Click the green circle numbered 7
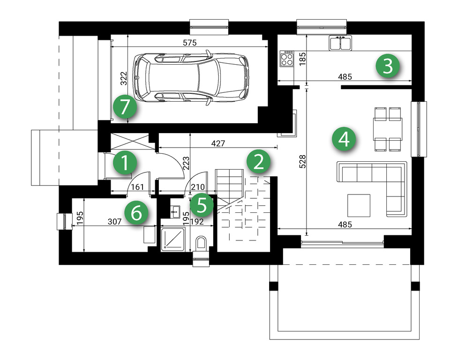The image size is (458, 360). [x=125, y=107]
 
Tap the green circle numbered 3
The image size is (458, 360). [x=388, y=66]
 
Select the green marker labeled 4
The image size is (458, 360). [x=344, y=139]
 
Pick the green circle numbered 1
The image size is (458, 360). [x=125, y=162]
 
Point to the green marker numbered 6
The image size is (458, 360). [x=136, y=213]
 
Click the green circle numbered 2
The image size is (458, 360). [x=258, y=162]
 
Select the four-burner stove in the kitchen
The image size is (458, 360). [x=287, y=59]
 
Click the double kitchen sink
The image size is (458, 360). [x=340, y=43]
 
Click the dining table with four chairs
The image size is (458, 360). [x=388, y=129]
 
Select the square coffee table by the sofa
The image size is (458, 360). [x=359, y=206]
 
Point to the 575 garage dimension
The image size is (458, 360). [x=190, y=43]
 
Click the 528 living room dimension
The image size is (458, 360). [x=303, y=161]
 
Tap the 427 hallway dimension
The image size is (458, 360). [x=218, y=143]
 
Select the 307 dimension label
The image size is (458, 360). [x=114, y=222]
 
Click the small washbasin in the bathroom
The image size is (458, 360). [x=175, y=211]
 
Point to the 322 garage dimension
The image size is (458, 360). [x=124, y=78]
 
